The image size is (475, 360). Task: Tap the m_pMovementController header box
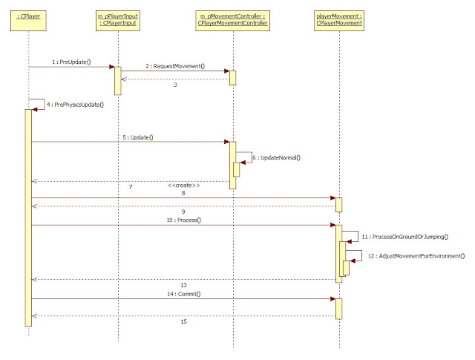(232, 19)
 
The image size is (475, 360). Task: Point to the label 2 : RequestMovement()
(174, 66)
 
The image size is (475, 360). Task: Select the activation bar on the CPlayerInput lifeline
(117, 80)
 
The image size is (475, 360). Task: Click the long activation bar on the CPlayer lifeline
(28, 215)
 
